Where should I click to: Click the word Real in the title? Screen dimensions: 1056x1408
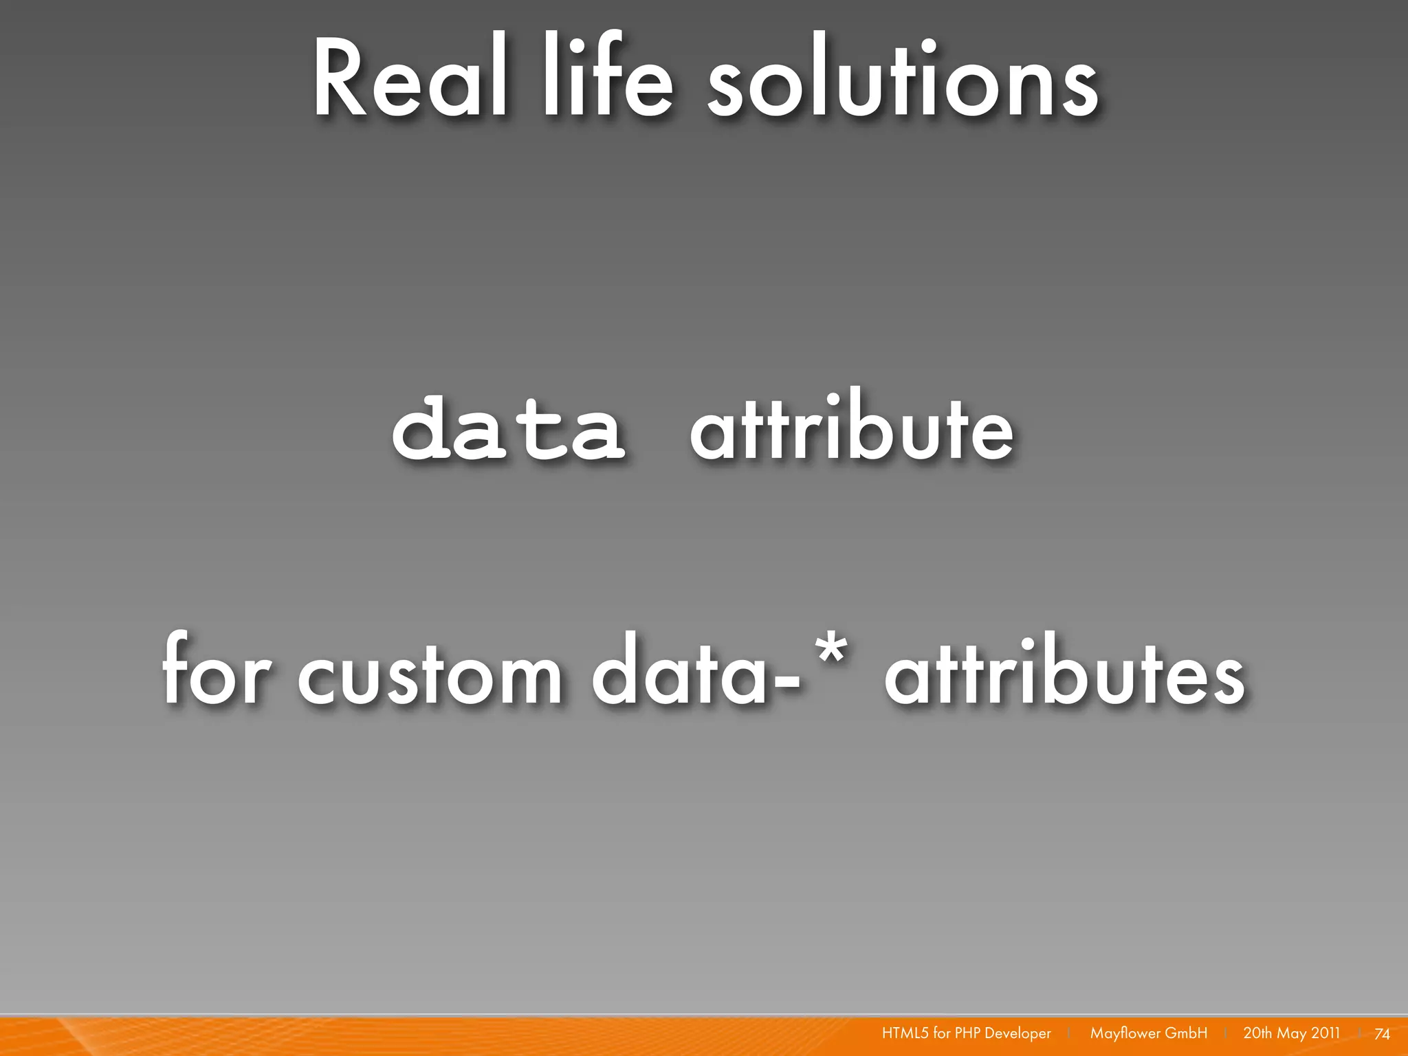pos(410,79)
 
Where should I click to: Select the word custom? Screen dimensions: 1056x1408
pos(430,674)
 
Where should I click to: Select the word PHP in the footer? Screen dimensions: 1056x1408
pos(967,1033)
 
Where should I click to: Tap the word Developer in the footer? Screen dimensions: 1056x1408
pos(1017,1033)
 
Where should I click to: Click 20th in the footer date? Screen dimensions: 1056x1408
pos(1257,1033)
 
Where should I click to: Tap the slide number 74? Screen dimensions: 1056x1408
pos(1382,1034)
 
